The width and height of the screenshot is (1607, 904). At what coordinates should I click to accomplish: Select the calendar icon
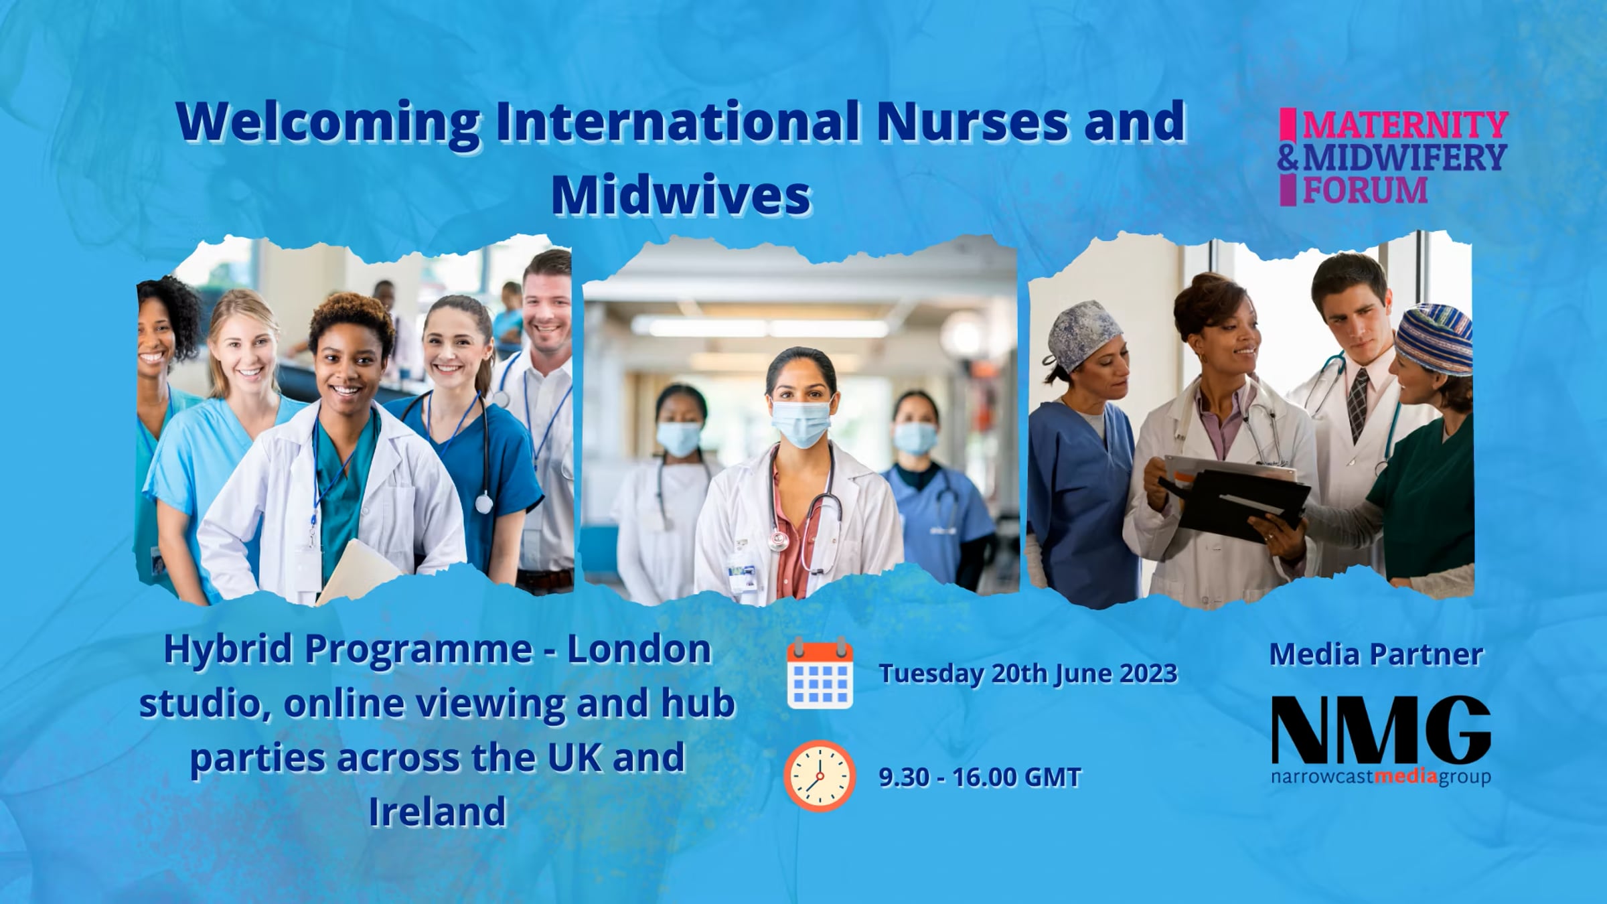[820, 673]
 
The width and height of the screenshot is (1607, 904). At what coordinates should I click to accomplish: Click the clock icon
[820, 776]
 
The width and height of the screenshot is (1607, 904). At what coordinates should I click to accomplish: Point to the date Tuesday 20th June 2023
[1028, 674]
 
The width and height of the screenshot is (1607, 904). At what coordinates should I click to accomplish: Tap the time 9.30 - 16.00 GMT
[980, 777]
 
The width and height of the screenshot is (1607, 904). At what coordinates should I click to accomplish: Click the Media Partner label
[1377, 654]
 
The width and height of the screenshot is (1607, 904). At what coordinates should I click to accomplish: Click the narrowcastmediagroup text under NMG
[1381, 777]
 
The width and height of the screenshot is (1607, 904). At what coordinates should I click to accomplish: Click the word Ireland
[437, 812]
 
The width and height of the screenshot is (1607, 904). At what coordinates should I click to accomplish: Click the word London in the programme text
[639, 650]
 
